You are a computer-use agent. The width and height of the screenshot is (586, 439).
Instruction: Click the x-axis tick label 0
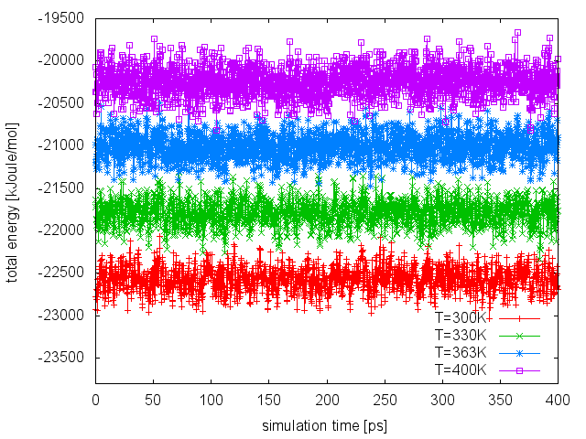point(95,400)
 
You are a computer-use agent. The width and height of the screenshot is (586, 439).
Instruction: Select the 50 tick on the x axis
point(153,400)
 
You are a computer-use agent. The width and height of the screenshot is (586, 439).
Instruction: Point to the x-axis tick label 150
point(269,400)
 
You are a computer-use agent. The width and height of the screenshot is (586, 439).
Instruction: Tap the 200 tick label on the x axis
point(327,400)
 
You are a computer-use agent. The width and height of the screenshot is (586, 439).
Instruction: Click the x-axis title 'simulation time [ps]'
point(327,426)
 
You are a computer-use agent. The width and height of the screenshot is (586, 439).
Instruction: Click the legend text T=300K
point(461,319)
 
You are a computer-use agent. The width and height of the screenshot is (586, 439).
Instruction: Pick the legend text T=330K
point(461,336)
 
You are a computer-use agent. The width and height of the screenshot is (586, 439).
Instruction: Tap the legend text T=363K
point(461,352)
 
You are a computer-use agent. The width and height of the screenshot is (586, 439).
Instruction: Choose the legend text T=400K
point(461,369)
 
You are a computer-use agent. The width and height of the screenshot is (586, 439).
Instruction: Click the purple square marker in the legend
point(519,369)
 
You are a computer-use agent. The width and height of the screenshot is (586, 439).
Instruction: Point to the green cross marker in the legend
point(519,336)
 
